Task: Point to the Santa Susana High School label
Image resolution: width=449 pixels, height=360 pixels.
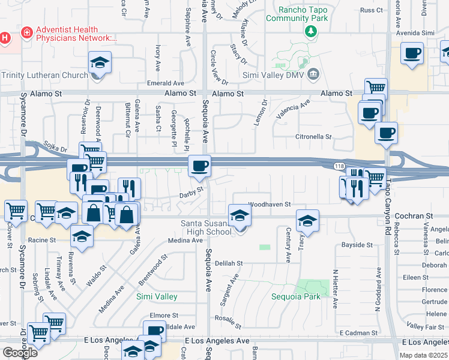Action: [x=206, y=227]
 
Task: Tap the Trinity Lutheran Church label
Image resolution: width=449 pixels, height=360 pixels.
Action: [x=44, y=75]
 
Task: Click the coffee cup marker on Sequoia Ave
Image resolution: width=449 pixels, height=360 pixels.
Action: [x=199, y=165]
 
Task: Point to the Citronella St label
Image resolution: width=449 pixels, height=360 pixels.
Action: [x=313, y=137]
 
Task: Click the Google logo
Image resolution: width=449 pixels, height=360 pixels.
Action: [x=20, y=352]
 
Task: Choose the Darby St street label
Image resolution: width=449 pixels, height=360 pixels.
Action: [x=192, y=194]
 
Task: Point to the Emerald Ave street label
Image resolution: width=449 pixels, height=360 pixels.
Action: [x=169, y=83]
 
